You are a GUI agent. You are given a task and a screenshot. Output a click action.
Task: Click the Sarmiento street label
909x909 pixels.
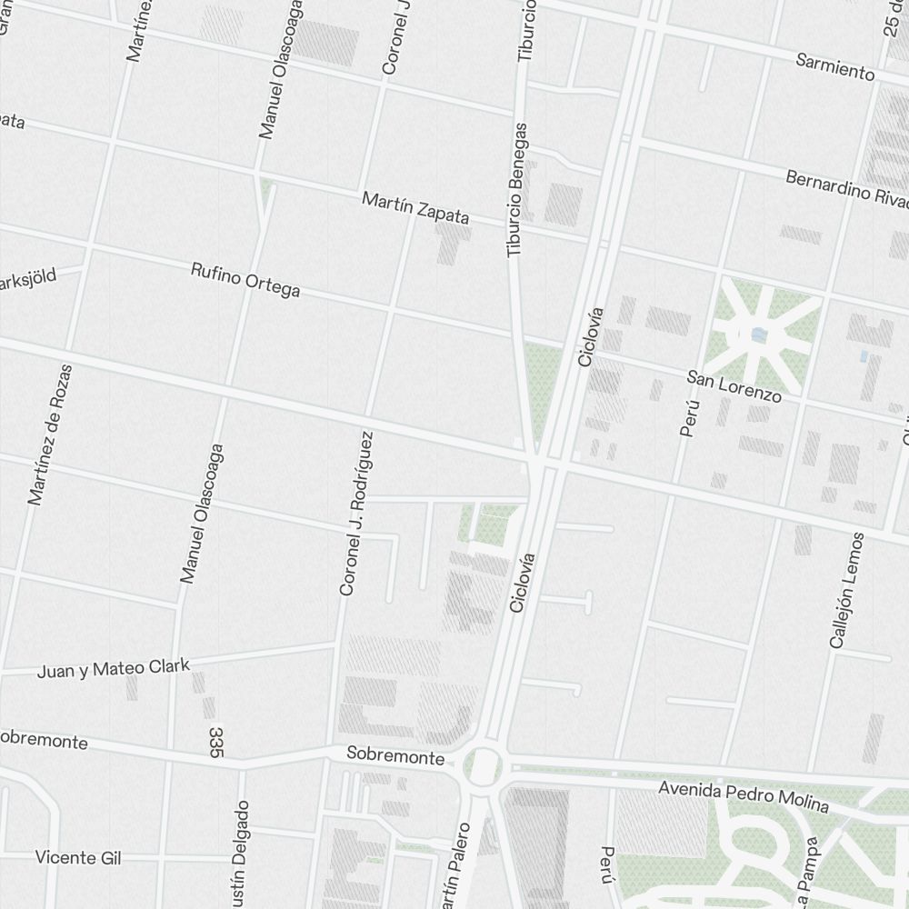[834, 66]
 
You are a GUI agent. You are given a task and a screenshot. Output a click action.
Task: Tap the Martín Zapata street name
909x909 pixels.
[415, 208]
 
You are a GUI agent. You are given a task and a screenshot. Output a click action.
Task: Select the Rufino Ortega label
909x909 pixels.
[245, 280]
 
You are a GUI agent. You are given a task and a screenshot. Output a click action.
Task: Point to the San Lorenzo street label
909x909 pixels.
[734, 385]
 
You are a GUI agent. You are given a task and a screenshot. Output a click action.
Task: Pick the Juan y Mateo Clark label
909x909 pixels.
[114, 669]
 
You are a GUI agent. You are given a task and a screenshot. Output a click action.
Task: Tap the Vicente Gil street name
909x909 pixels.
[78, 857]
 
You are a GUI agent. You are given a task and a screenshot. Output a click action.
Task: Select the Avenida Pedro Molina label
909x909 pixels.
[744, 796]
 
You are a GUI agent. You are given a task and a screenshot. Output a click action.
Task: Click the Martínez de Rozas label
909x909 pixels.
[50, 435]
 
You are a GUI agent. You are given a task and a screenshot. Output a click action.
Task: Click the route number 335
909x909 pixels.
[215, 742]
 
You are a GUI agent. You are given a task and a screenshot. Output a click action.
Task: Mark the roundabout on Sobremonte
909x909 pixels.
[484, 766]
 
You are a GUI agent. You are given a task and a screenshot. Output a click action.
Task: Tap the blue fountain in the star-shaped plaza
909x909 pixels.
[759, 335]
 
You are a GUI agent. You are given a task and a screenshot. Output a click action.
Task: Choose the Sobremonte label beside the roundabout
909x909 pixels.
[395, 756]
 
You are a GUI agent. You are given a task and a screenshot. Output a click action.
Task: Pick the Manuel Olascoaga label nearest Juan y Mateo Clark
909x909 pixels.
[202, 513]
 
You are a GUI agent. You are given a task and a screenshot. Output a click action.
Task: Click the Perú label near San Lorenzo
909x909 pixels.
[690, 417]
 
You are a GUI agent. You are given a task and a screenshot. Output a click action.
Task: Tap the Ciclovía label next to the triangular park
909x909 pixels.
[591, 336]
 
